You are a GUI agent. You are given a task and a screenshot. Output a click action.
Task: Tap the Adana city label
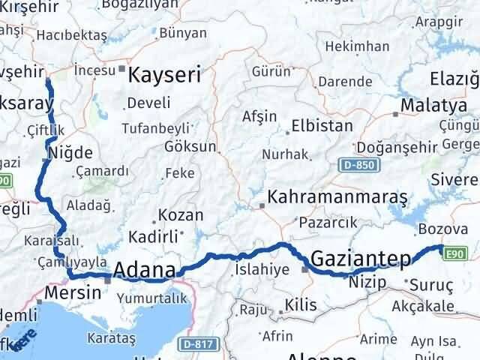tap(145, 270)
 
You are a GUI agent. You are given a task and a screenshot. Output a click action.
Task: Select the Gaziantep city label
tap(361, 259)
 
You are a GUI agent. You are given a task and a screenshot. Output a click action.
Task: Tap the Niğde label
tap(70, 153)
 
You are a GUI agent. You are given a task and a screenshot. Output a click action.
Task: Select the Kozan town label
tap(181, 215)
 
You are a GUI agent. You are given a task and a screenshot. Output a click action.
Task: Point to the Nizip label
tap(367, 282)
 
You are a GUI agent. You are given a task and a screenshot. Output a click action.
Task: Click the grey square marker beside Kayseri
tap(121, 68)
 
